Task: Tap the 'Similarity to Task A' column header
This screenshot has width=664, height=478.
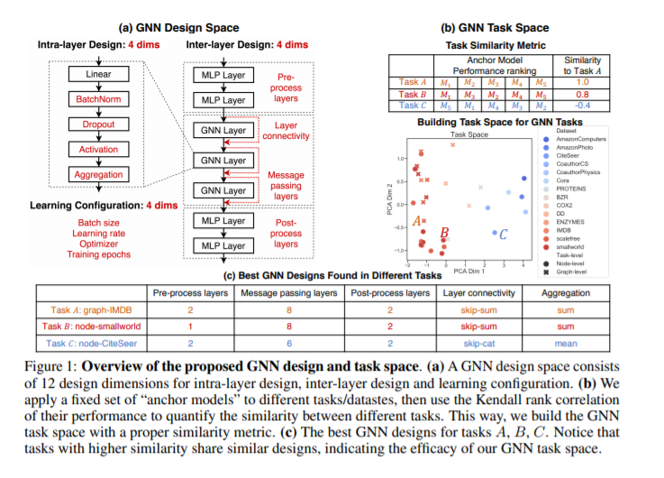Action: pos(581,65)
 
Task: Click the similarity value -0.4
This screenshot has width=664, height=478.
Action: pos(581,105)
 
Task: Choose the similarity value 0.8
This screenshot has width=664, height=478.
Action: pos(581,93)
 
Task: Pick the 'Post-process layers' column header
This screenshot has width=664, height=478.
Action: pos(390,294)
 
